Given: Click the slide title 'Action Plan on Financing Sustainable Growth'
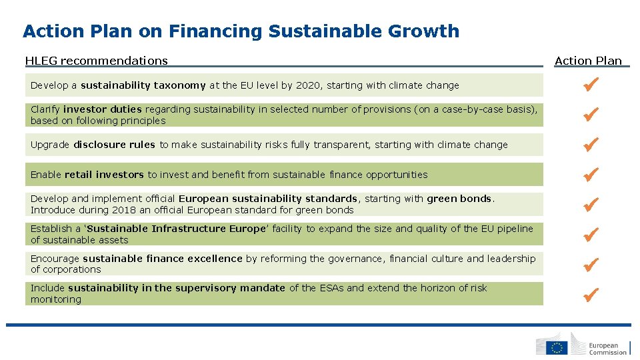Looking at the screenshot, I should [241, 31].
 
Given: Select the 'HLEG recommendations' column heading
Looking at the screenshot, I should [96, 61].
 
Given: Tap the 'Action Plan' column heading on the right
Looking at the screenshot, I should [588, 61].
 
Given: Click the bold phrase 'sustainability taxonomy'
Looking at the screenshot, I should [143, 85].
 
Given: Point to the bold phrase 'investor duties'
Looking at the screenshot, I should [103, 109].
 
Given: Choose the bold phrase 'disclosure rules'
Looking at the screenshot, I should [114, 145].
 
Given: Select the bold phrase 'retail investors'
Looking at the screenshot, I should [104, 175].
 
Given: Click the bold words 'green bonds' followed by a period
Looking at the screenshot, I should [459, 199].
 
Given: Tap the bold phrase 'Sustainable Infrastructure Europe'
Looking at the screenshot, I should [176, 229].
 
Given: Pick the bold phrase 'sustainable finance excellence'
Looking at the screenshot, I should [163, 259].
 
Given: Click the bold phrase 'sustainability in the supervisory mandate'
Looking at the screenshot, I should [177, 288].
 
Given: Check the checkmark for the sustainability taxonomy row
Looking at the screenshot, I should [590, 85].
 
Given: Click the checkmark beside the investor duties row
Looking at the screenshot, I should [590, 115].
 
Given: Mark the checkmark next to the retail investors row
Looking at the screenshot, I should [590, 174].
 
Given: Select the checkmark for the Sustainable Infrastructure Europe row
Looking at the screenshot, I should [590, 234].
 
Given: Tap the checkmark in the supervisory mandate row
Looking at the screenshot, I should [590, 293].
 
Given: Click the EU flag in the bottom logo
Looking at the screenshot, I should [557, 347].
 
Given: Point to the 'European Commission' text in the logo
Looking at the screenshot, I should [607, 349].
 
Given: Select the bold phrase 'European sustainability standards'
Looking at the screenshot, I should [268, 199].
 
